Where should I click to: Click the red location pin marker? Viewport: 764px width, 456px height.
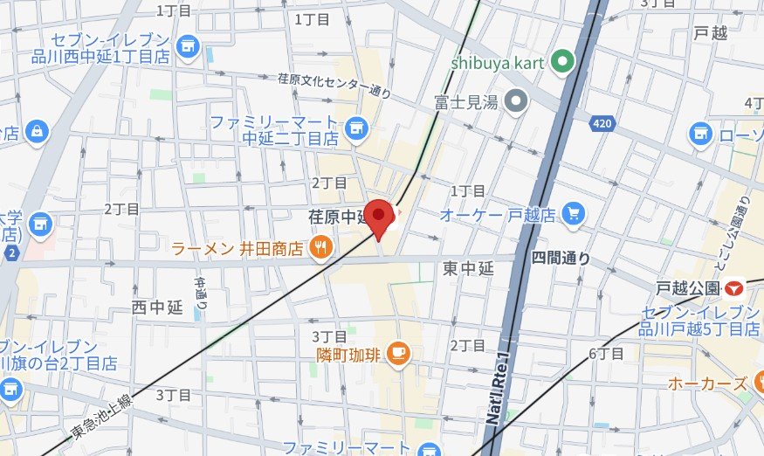point(378,217)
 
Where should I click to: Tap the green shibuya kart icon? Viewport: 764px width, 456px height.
point(564,62)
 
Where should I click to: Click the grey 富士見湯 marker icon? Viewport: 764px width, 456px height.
point(517,102)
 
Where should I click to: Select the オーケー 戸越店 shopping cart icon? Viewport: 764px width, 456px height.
point(574,214)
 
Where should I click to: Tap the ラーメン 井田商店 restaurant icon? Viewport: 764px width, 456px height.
point(320,249)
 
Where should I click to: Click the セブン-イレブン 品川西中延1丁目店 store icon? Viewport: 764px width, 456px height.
point(185,45)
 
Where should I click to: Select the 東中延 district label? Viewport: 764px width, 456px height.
point(468,269)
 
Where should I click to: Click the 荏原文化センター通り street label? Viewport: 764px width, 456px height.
point(334,84)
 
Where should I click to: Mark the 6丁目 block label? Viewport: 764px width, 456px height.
point(606,354)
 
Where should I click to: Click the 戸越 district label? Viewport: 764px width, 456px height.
point(711,34)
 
